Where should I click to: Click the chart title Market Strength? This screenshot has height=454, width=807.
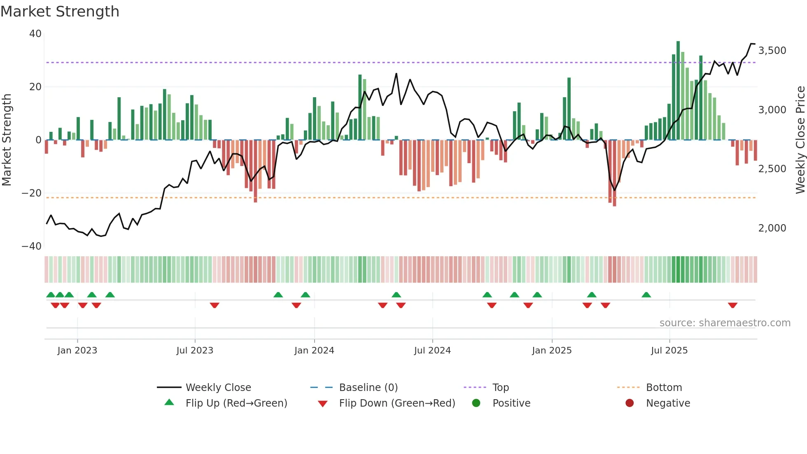tap(60, 12)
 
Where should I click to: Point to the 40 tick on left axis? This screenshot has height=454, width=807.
tap(35, 34)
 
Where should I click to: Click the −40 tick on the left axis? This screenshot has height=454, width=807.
tap(32, 246)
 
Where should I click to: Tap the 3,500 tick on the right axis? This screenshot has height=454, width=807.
tap(772, 51)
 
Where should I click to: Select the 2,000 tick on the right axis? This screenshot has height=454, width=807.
tap(772, 228)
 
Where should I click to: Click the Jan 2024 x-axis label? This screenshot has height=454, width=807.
tap(314, 351)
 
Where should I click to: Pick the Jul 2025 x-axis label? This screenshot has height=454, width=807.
tap(669, 351)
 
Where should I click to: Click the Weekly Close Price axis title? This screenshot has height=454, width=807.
tap(800, 140)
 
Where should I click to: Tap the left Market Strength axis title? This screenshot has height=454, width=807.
tap(7, 140)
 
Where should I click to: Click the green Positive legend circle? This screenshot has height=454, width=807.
tap(476, 403)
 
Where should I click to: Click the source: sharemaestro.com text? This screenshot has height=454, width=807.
tap(725, 323)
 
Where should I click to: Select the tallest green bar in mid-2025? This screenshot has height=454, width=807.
tap(678, 91)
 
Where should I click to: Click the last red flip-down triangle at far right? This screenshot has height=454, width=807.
tap(732, 305)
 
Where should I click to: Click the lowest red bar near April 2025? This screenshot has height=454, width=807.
tap(614, 173)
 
